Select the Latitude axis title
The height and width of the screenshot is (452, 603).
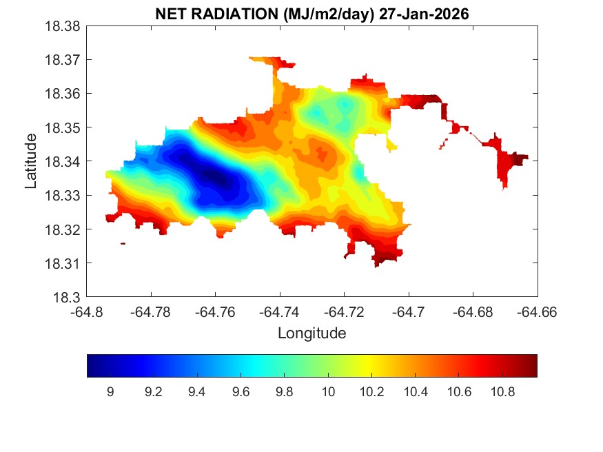coord(31,161)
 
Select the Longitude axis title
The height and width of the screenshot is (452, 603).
coord(311,333)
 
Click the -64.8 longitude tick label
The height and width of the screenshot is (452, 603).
coord(88,311)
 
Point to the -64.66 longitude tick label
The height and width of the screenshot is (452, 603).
coord(537,311)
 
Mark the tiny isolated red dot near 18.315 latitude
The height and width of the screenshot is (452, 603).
coord(123,243)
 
